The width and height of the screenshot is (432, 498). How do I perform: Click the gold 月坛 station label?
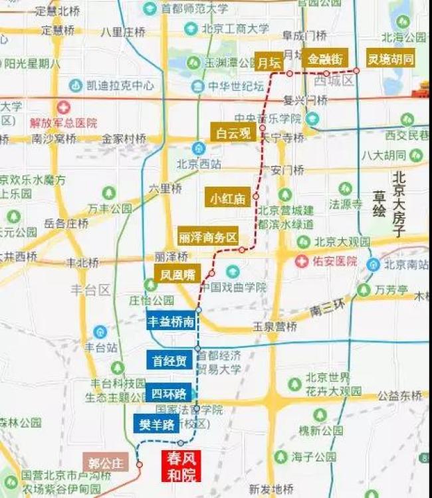269,62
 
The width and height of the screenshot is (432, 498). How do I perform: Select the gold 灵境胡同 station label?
391,58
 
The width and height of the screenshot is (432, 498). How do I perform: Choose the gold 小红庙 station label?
227,197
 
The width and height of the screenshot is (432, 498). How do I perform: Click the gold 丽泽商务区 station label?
208,237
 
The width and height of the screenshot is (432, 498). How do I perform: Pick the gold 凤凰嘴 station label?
177,273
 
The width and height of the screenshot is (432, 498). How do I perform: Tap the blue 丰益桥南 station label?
171,321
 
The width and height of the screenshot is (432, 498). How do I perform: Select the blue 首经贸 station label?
169,361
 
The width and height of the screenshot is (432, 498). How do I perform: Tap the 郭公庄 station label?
107,463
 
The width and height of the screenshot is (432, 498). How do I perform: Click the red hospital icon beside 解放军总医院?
63,107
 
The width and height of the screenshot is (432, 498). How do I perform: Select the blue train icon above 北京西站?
198,147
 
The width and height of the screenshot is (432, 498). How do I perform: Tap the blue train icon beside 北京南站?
374,264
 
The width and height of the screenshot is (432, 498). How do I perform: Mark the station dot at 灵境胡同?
356,70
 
